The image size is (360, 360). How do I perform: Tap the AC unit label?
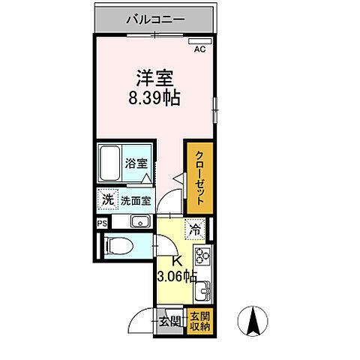pyautogui.click(x=199, y=49)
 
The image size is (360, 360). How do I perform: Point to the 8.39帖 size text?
pyautogui.click(x=154, y=97)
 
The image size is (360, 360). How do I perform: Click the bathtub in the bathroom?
pyautogui.click(x=112, y=163)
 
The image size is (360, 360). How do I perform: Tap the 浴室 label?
pyautogui.click(x=135, y=163)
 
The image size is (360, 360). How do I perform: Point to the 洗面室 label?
pyautogui.click(x=136, y=201)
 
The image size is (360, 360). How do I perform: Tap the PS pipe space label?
pyautogui.click(x=101, y=223)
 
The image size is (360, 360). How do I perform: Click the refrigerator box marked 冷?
pyautogui.click(x=195, y=231)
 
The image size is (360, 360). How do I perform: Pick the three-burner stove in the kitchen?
pyautogui.click(x=202, y=257)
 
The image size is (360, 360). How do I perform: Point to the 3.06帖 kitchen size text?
pyautogui.click(x=177, y=275)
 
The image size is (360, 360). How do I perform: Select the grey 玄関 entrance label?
pyautogui.click(x=169, y=322)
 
